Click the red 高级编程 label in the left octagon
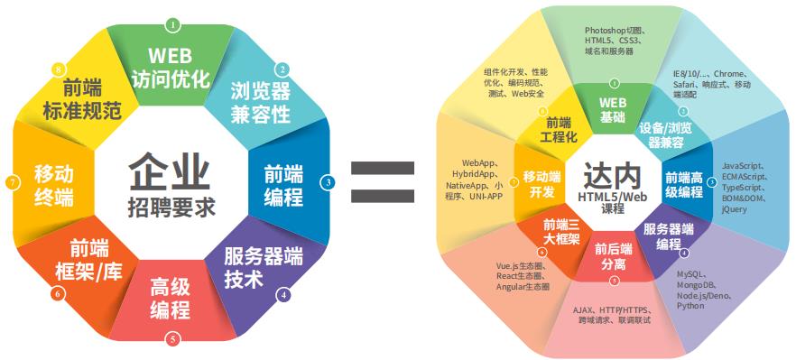point(170,299)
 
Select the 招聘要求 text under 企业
point(170,207)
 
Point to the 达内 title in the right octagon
point(613,172)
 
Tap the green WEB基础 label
point(613,109)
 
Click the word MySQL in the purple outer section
point(691,272)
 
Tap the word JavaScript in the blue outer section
point(743,166)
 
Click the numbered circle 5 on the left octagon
point(172,339)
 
